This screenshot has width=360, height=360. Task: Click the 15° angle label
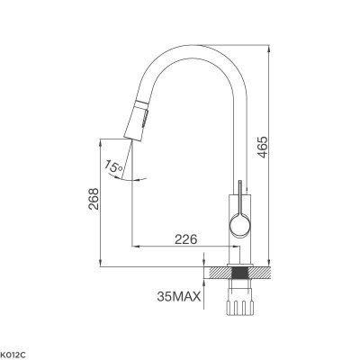point(112,166)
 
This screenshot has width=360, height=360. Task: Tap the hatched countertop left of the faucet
point(217,269)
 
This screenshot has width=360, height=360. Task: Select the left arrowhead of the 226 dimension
point(135,246)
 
